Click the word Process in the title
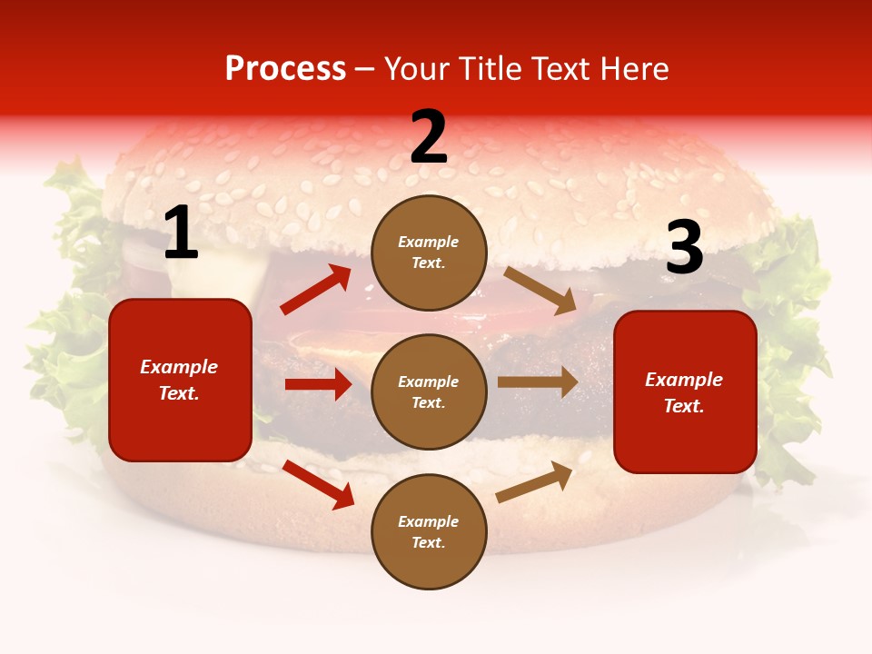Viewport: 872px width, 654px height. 285,69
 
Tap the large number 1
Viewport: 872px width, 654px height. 181,233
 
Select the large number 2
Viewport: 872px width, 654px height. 429,137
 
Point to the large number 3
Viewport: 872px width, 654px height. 684,247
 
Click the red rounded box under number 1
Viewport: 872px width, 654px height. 180,380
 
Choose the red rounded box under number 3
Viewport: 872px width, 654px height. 685,391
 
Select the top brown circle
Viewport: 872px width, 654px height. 429,252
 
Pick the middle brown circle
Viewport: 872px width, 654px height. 429,391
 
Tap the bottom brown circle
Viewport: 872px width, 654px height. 429,531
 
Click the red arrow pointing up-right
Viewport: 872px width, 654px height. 316,290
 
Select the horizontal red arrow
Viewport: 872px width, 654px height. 318,384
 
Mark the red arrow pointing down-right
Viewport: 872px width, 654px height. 319,484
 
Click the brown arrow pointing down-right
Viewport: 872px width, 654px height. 540,290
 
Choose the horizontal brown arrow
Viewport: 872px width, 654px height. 538,382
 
